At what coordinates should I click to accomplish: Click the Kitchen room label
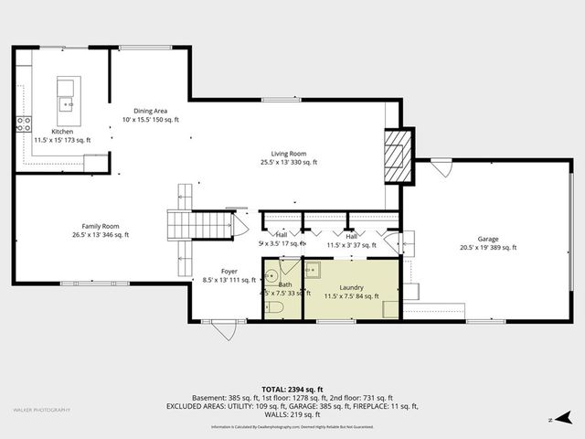click(62, 131)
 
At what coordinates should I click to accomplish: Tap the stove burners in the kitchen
click(23, 123)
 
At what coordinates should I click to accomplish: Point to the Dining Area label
click(150, 110)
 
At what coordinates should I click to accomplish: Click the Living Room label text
click(288, 154)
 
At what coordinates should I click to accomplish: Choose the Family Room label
click(101, 226)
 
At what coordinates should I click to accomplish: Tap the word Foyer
click(229, 272)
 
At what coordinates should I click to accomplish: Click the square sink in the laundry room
click(313, 270)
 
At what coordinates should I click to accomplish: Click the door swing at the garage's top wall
click(441, 168)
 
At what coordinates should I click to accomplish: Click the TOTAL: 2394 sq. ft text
click(292, 388)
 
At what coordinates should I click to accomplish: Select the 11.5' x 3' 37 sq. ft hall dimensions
click(351, 244)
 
